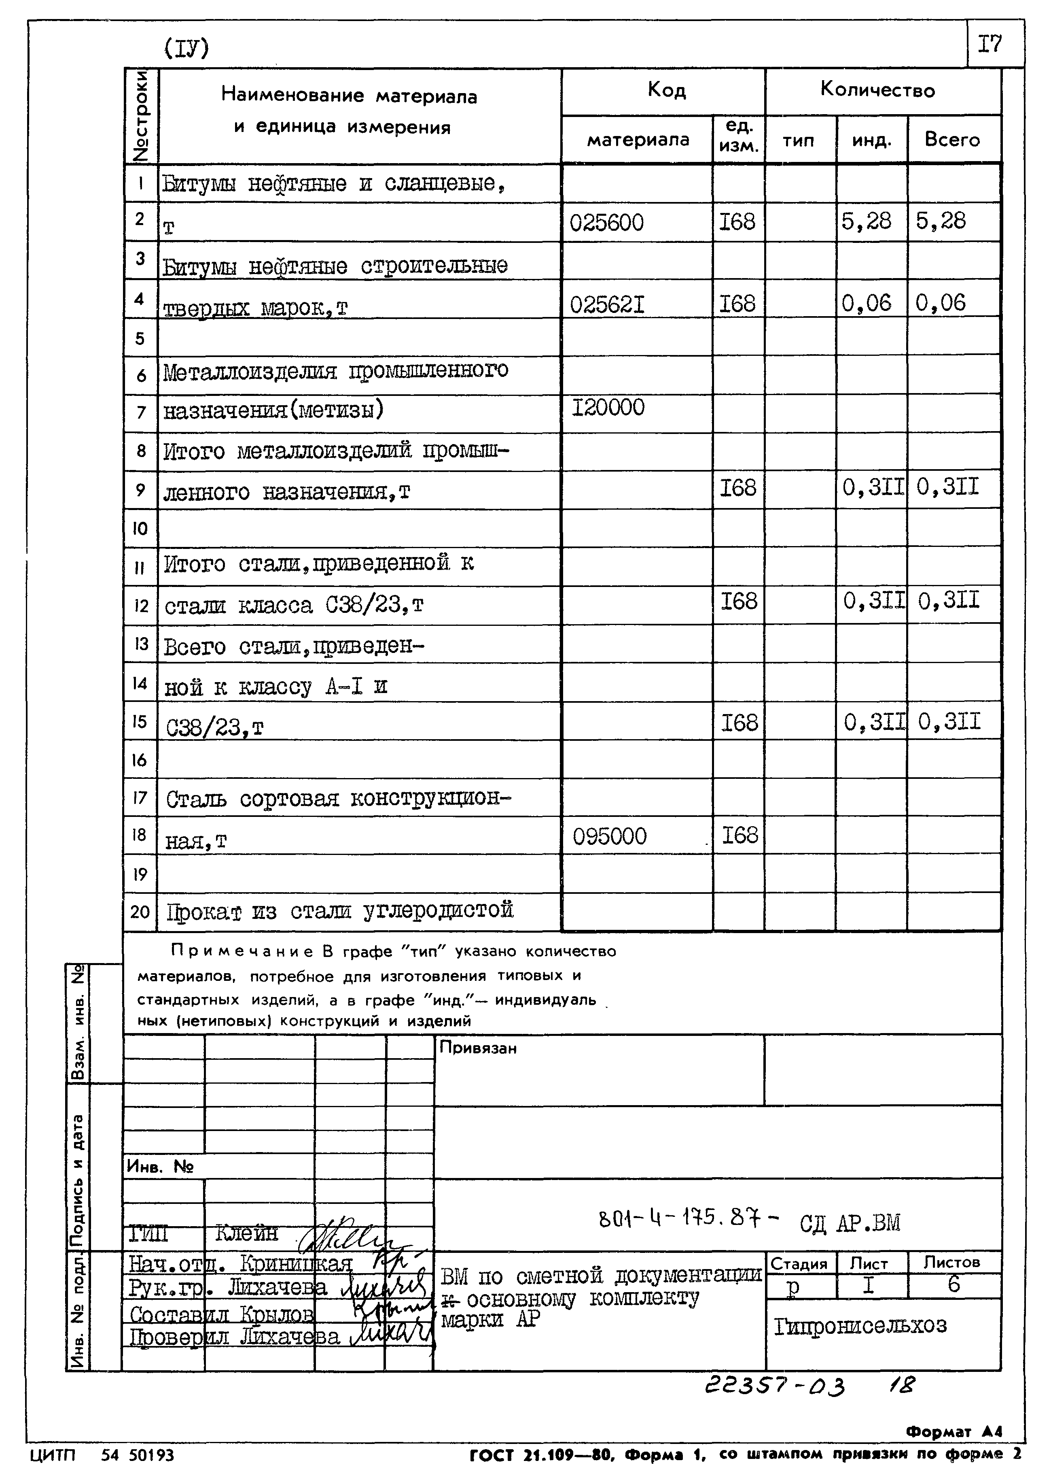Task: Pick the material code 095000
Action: pos(609,836)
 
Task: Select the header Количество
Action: pos(877,90)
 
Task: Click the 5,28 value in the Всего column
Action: pos(940,221)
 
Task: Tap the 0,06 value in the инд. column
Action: pos(866,303)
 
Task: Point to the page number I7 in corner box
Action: pos(990,44)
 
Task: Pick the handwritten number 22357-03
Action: pos(775,1386)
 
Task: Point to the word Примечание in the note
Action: pos(235,952)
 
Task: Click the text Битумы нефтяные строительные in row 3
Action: pos(335,266)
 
